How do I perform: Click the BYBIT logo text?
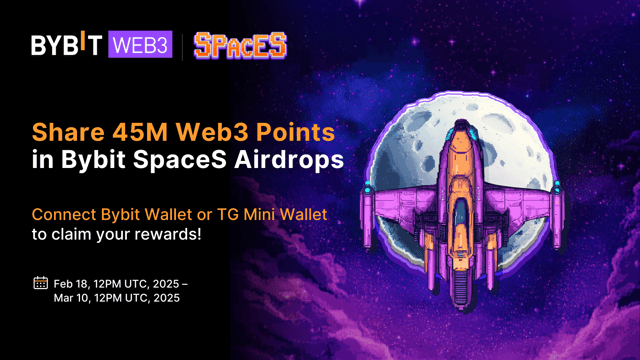(x=68, y=46)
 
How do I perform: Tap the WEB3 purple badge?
(x=140, y=46)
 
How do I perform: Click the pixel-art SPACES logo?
(x=240, y=45)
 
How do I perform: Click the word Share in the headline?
(x=66, y=132)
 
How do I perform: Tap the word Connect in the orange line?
(x=64, y=215)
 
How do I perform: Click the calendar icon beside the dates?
(x=40, y=283)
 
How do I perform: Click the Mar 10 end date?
(x=74, y=299)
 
